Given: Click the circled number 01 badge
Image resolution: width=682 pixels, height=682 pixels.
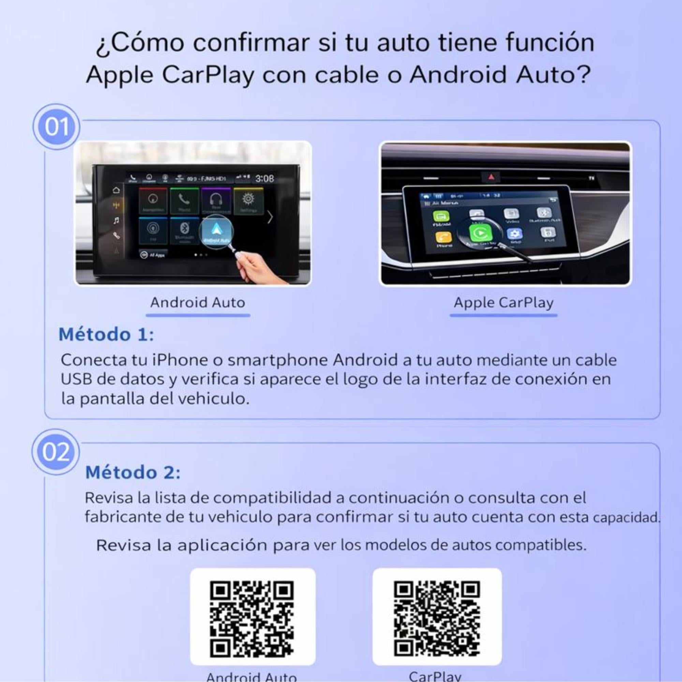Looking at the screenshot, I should tap(57, 127).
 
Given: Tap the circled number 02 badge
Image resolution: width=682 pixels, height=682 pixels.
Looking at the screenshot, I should tap(56, 452).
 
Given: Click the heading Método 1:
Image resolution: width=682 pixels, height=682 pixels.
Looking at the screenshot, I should tap(106, 334).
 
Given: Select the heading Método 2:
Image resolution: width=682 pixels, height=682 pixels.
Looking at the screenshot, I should tap(133, 472).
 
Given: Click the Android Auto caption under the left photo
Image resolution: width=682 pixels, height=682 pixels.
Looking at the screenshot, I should tap(198, 302).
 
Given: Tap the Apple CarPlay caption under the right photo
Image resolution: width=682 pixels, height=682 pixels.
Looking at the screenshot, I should tap(503, 302).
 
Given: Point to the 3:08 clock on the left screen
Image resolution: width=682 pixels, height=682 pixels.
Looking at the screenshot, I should tap(264, 178).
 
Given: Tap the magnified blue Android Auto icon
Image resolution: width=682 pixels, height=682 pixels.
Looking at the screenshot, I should tap(216, 231).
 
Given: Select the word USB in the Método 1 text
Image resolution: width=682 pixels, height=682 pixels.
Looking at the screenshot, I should tap(77, 379).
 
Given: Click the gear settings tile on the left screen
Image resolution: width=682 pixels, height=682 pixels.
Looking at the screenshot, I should tap(248, 201).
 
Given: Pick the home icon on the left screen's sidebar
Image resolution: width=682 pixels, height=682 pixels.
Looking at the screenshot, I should tap(116, 190).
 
